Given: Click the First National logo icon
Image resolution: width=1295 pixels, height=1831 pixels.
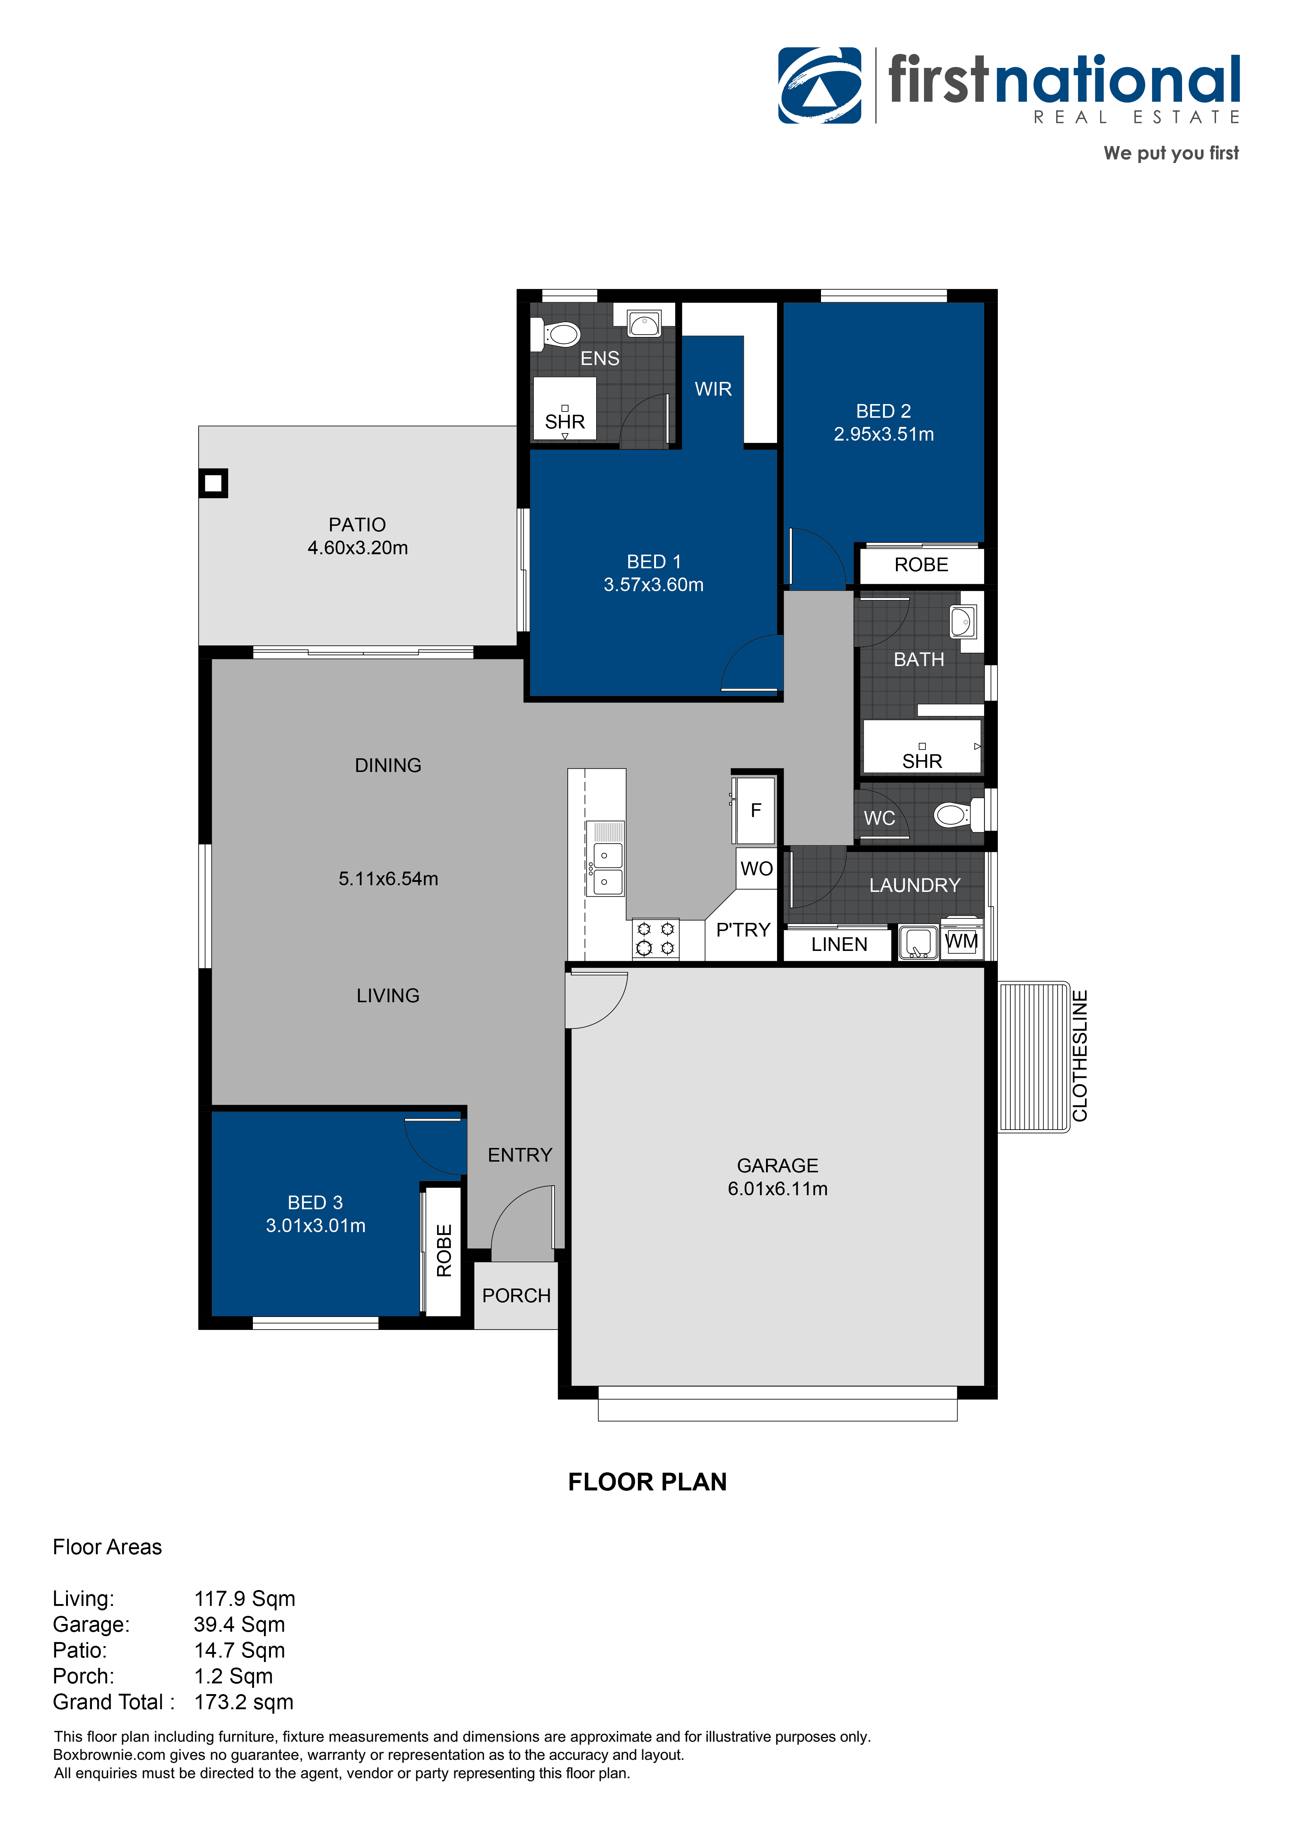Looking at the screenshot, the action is click(820, 85).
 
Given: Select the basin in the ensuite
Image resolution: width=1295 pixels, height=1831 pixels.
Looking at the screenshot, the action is click(644, 324).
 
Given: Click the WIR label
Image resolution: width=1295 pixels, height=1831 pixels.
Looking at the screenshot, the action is click(712, 389).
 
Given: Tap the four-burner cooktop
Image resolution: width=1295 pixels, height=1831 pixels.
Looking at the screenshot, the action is click(655, 939).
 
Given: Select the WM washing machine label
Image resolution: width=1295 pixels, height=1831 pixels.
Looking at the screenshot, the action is click(961, 942).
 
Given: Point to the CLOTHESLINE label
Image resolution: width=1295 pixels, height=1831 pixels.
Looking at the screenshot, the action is click(1079, 1056).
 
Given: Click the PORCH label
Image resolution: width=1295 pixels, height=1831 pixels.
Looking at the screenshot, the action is click(516, 1296).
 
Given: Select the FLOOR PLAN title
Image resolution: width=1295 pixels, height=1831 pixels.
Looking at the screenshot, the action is click(647, 1482).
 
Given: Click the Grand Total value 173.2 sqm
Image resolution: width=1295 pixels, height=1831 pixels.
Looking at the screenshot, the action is click(243, 1703).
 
